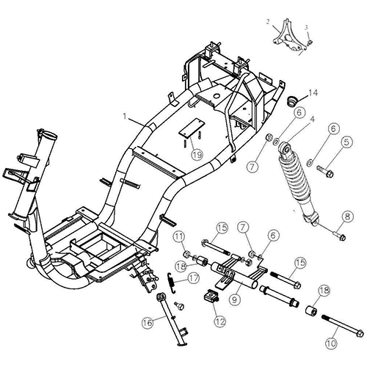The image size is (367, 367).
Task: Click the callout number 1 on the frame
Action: [126, 116]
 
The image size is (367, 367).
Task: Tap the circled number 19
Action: [196, 154]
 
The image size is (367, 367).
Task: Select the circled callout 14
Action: [313, 92]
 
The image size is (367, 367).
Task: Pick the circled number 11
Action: [178, 236]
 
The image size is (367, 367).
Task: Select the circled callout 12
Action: [218, 321]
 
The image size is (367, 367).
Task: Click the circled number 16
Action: [147, 322]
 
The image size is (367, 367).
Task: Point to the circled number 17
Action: [194, 278]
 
